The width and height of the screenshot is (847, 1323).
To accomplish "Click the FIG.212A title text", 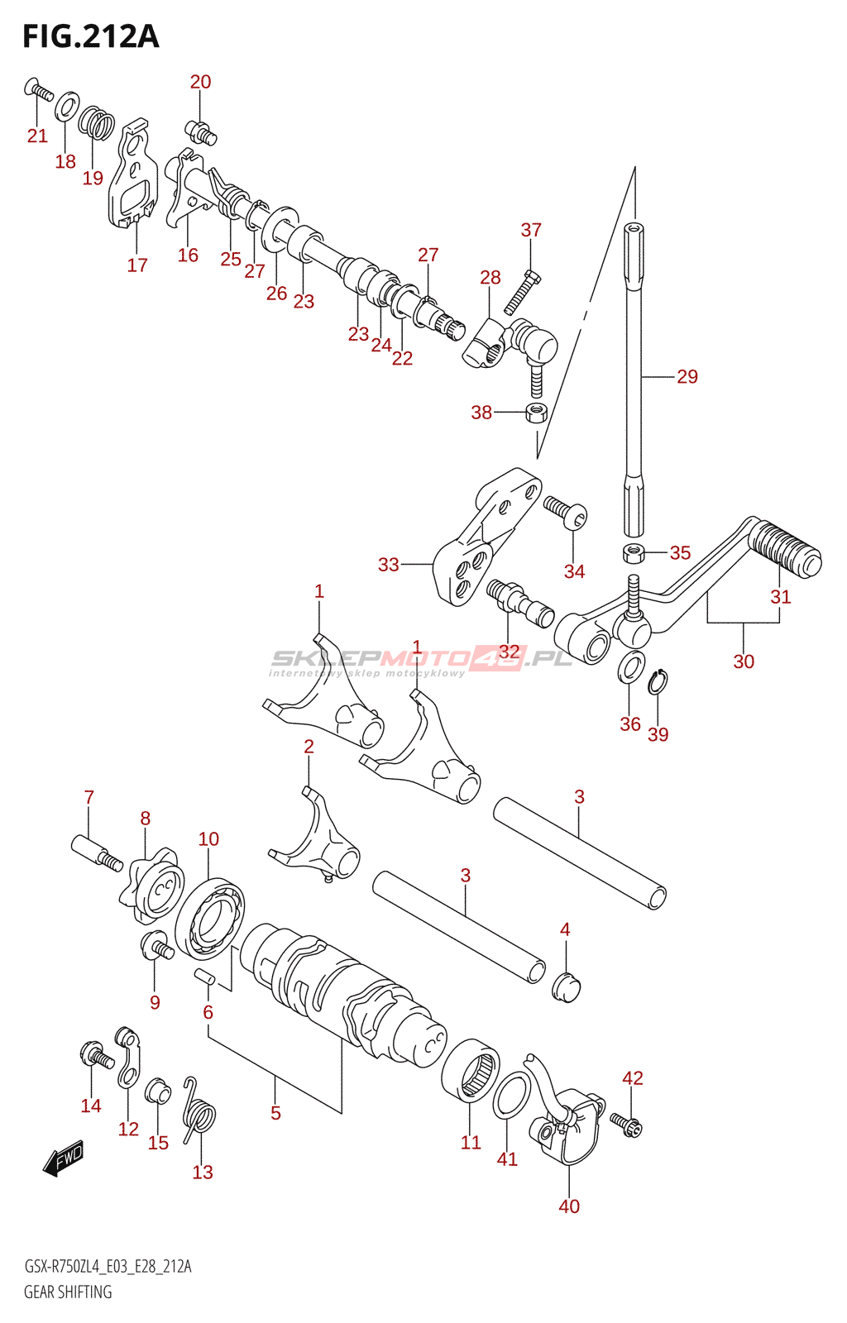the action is [x=91, y=36].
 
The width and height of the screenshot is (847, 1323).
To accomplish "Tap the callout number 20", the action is [x=200, y=82].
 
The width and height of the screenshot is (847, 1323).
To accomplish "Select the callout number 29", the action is [x=687, y=376].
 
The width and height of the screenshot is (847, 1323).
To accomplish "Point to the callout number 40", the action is [x=569, y=1206].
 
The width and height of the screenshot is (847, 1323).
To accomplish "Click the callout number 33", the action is [x=389, y=565].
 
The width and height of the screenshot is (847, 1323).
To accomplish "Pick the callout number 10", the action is [x=208, y=838].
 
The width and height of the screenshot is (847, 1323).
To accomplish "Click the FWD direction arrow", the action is [x=63, y=1162].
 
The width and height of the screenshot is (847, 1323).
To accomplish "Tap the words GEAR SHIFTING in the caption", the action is [x=68, y=1292].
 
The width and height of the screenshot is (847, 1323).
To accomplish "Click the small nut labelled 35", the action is [x=633, y=553].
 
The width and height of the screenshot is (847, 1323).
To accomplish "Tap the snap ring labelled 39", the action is [x=657, y=683].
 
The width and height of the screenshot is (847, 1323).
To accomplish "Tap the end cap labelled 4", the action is [x=567, y=987].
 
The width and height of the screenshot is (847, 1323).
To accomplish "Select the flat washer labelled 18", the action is [x=68, y=105].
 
